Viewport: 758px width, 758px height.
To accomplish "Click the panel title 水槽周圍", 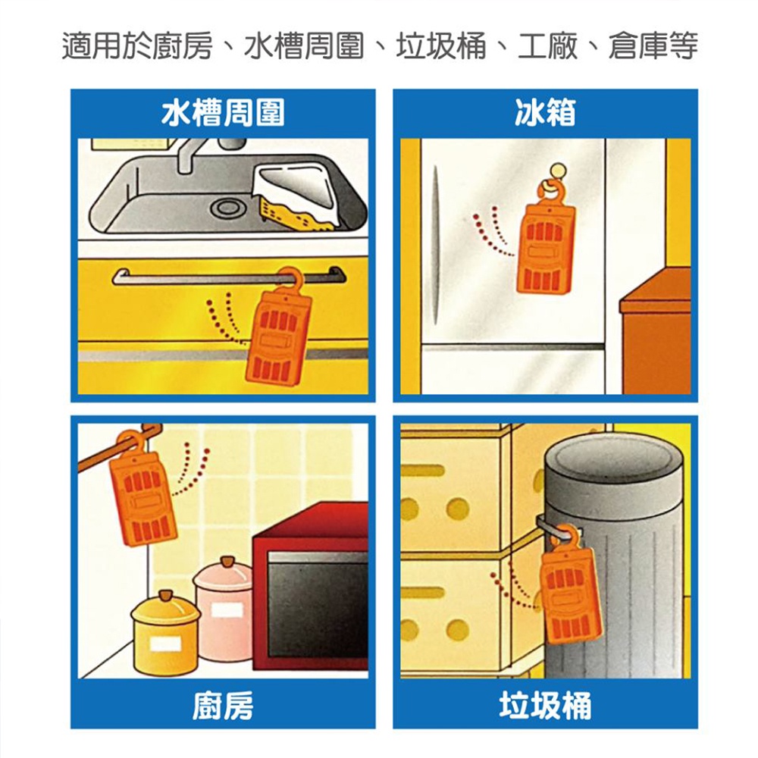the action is [x=222, y=113].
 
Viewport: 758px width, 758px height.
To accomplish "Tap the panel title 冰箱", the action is [x=545, y=113].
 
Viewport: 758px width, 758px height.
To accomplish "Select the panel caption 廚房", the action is [x=222, y=705].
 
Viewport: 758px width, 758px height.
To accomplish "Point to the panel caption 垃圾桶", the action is [x=545, y=705].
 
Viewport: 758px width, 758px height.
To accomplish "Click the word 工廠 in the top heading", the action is [x=548, y=46].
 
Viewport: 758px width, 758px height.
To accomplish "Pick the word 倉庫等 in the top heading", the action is [x=653, y=46].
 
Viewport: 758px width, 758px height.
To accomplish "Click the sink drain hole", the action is [x=226, y=208].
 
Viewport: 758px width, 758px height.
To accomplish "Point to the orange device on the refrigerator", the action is [x=545, y=249].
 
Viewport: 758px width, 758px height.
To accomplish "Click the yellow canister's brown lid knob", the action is [x=164, y=594].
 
